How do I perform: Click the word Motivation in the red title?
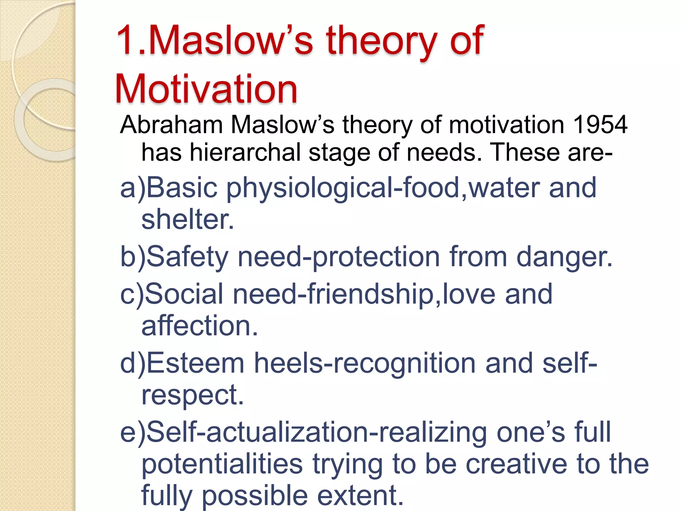coord(206,89)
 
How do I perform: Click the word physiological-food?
coord(342,188)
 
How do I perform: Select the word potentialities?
coord(222,464)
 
